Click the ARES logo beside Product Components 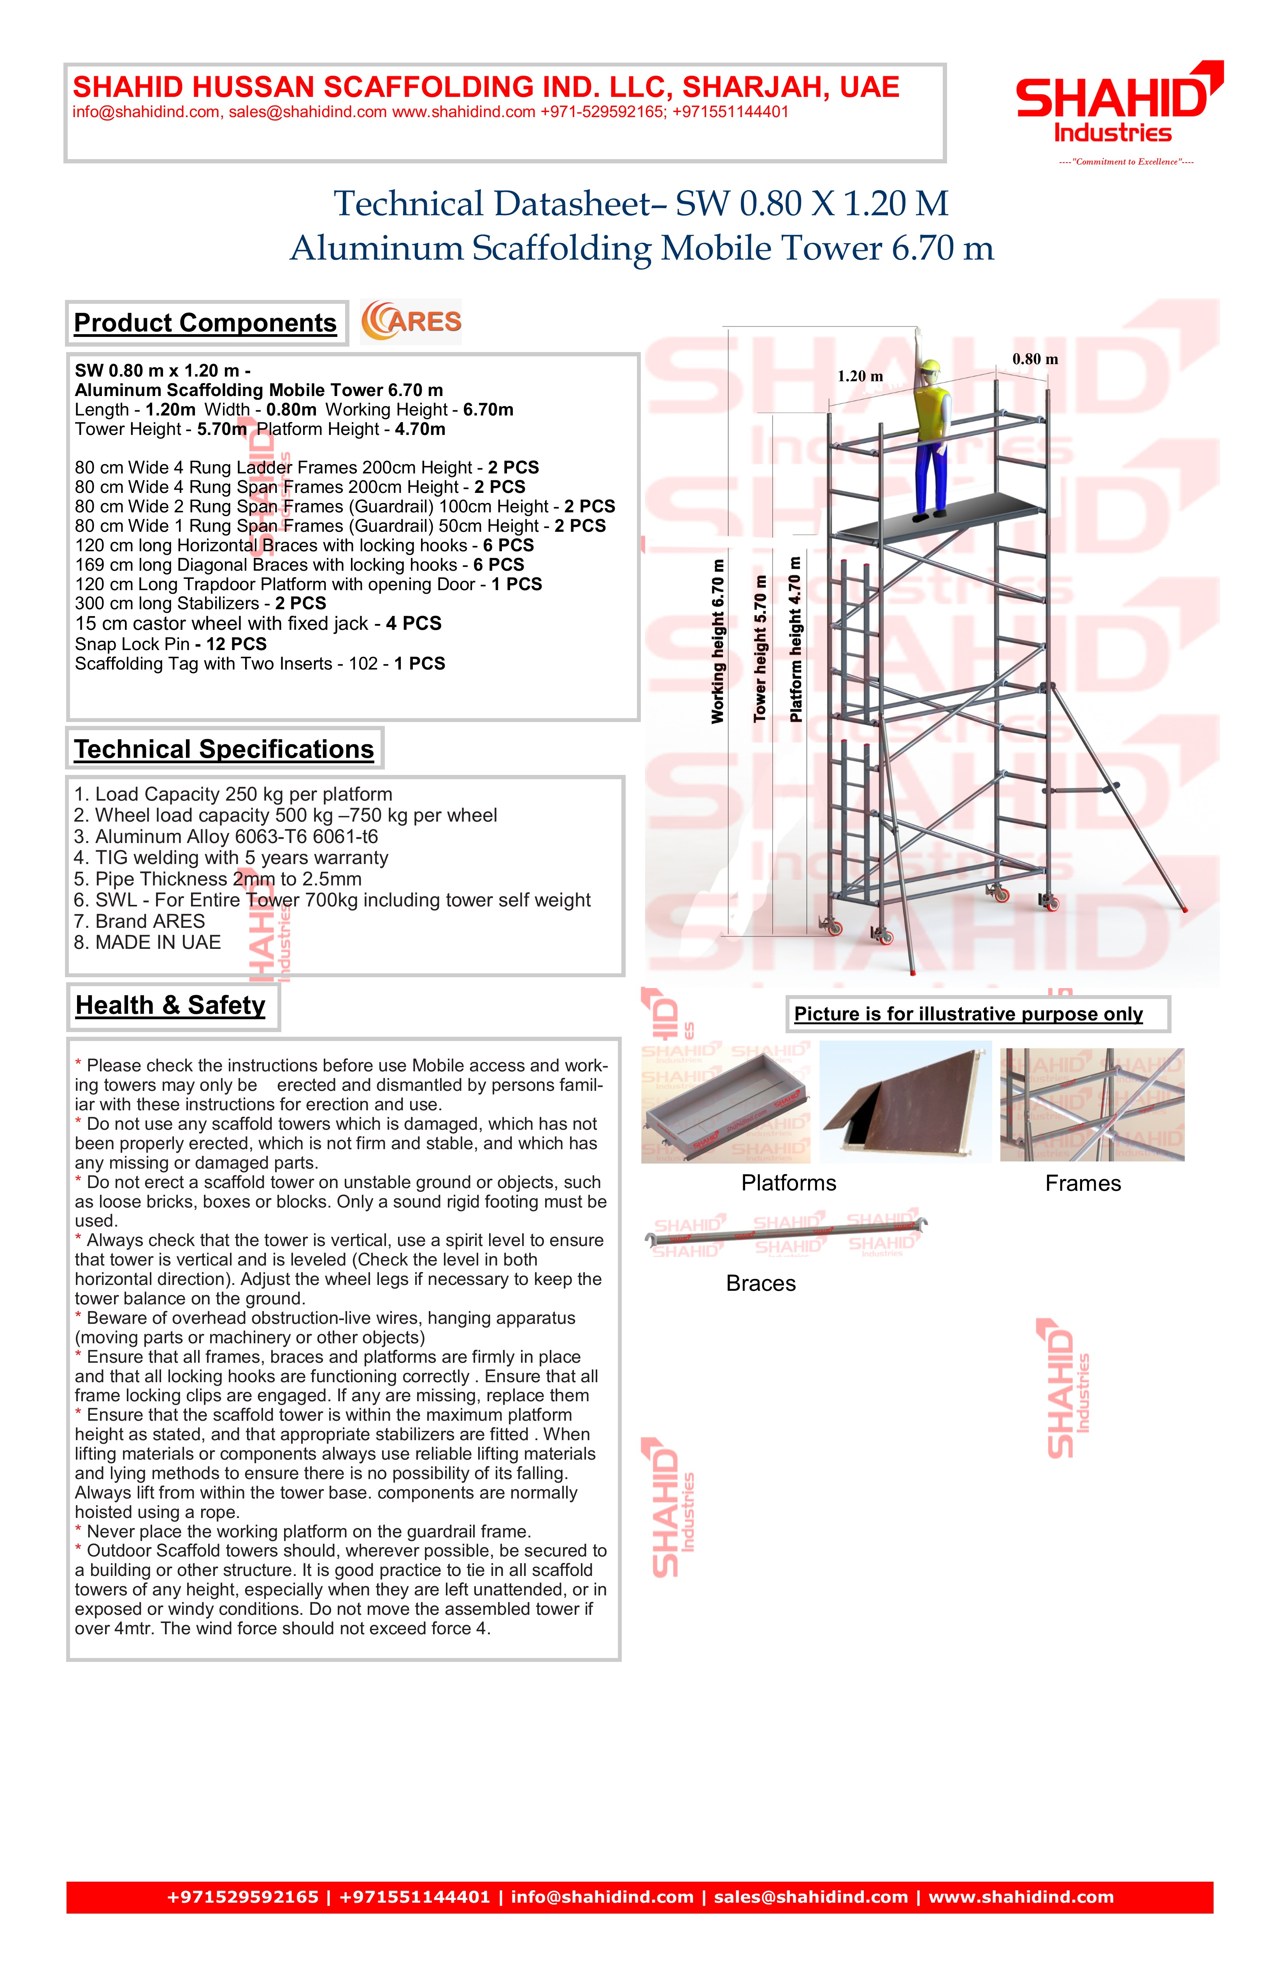411,322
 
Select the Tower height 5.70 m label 760,648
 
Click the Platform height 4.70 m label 795,638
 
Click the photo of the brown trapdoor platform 905,1102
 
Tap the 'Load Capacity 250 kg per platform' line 233,794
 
